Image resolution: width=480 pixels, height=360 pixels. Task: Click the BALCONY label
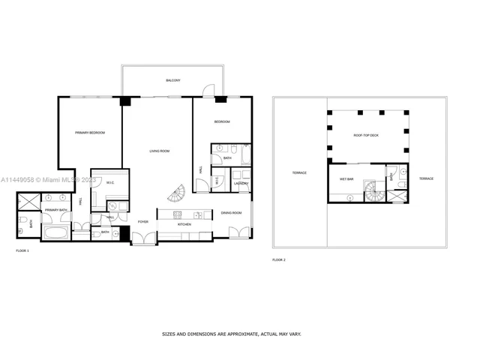pos(172,80)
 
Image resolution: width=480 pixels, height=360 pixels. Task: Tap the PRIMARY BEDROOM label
pos(89,133)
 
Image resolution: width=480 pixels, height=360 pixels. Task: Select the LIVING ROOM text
pos(159,151)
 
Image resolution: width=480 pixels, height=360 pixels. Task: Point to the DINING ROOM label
pos(231,214)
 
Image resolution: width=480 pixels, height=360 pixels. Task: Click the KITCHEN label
pos(184,224)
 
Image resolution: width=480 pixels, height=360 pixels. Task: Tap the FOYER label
pos(142,222)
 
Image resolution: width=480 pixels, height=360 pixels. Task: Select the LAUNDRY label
pos(241,183)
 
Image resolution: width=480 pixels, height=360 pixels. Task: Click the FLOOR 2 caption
pos(279,259)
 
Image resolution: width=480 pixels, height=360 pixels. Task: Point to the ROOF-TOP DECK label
pos(367,135)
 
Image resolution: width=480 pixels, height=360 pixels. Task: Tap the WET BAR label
pos(347,179)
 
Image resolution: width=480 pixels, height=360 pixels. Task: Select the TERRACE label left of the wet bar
pos(299,173)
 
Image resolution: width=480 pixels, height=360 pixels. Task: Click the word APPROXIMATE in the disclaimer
pos(232,334)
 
